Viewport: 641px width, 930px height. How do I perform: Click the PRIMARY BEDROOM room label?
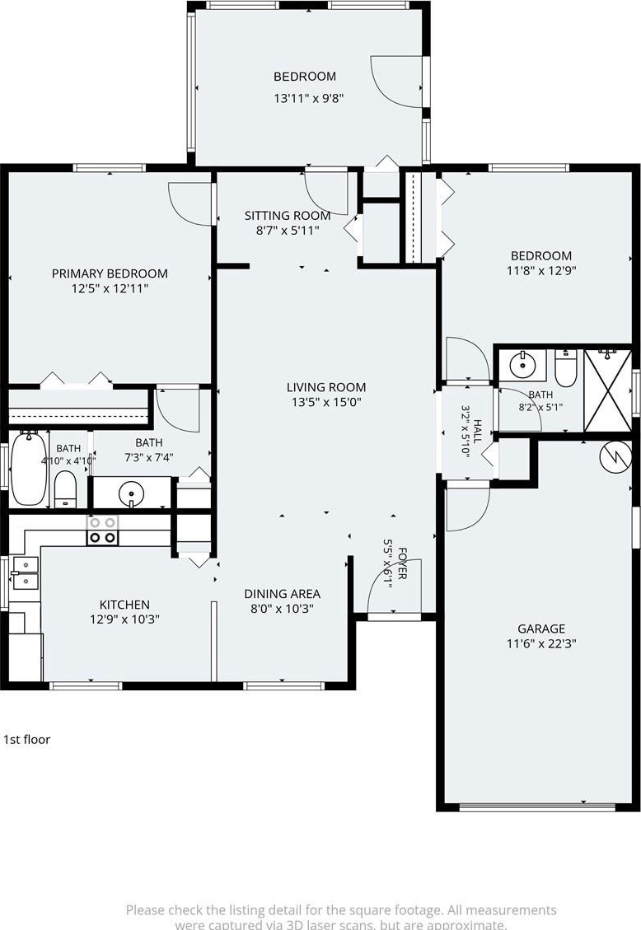pyautogui.click(x=110, y=273)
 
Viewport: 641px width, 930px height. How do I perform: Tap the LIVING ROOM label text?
pyautogui.click(x=326, y=387)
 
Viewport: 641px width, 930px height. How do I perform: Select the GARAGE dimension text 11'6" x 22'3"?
pyautogui.click(x=541, y=643)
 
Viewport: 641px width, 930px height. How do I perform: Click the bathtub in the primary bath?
pyautogui.click(x=28, y=469)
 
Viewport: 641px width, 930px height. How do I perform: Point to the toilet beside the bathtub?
pyautogui.click(x=66, y=490)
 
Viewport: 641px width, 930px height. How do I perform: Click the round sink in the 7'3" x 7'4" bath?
pyautogui.click(x=130, y=493)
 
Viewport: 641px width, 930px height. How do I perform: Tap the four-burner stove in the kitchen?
pyautogui.click(x=102, y=530)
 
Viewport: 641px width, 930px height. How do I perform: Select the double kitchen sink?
pyautogui.click(x=24, y=573)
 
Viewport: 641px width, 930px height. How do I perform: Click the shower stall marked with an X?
pyautogui.click(x=608, y=390)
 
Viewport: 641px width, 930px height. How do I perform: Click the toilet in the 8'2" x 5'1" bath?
pyautogui.click(x=566, y=367)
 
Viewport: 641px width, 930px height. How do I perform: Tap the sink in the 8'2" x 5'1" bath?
pyautogui.click(x=522, y=366)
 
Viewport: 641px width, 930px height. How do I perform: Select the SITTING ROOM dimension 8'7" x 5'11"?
pyautogui.click(x=288, y=230)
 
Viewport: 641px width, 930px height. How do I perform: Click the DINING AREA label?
pyautogui.click(x=283, y=594)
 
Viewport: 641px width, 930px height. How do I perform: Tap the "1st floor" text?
pyautogui.click(x=26, y=740)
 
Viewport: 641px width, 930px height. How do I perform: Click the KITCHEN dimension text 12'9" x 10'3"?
pyautogui.click(x=124, y=619)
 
